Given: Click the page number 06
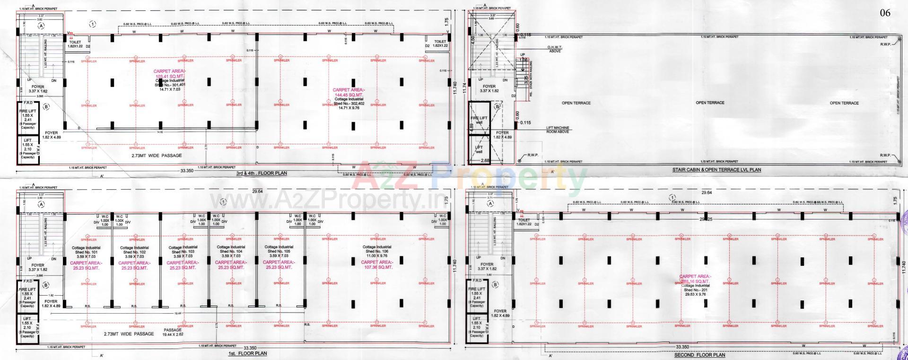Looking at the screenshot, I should pyautogui.click(x=884, y=13).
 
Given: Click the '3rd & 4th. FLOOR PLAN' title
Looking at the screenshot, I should pyautogui.click(x=261, y=174).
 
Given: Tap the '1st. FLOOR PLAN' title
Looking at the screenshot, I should pyautogui.click(x=247, y=353).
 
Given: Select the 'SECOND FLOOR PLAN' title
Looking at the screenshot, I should pyautogui.click(x=699, y=355).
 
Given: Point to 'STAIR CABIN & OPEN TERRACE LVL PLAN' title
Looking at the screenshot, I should pyautogui.click(x=716, y=169).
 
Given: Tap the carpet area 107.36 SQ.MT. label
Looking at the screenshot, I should pyautogui.click(x=377, y=264).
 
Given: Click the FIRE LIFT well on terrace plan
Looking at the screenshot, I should pyautogui.click(x=479, y=119).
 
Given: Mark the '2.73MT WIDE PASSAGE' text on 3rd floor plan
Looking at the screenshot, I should pyautogui.click(x=157, y=155).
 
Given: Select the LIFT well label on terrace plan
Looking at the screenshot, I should pyautogui.click(x=479, y=150).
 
